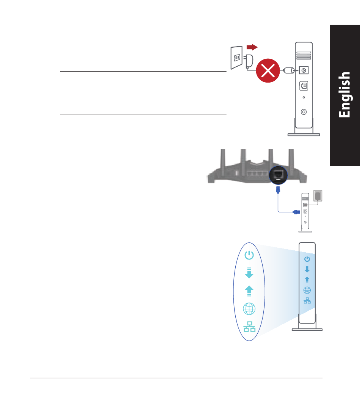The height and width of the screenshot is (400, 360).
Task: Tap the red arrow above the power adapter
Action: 252,47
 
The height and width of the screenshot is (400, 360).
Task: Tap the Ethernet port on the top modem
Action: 304,86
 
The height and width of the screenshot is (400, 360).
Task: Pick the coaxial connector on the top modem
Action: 304,112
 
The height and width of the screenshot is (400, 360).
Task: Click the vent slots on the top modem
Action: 304,56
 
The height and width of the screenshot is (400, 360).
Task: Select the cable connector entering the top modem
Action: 289,70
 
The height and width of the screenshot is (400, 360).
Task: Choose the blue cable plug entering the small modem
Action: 296,212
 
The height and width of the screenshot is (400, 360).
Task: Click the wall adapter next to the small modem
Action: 318,195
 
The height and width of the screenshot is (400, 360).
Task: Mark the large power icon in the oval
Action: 249,256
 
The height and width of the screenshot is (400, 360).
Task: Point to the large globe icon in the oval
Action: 249,309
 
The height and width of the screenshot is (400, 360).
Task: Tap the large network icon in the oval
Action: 249,327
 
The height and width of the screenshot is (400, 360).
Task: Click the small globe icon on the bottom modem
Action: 307,290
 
